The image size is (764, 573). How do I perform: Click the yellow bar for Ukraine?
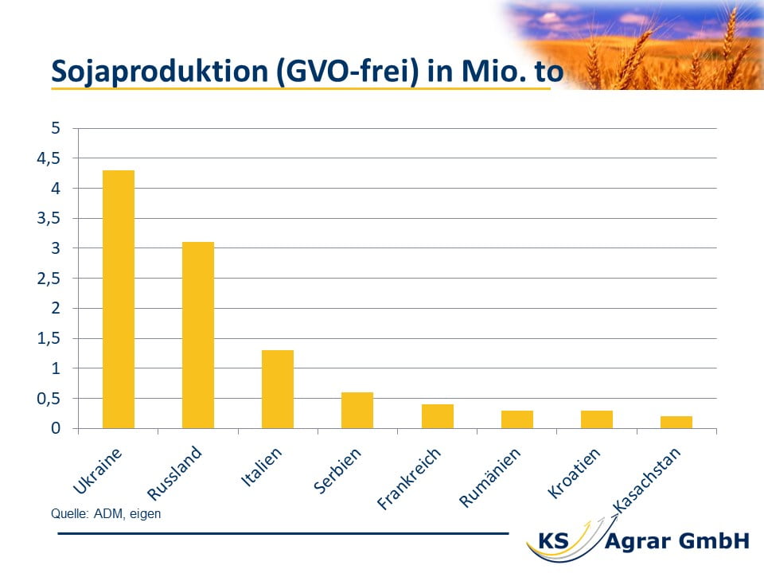tap(119, 299)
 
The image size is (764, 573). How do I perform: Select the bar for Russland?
tap(198, 335)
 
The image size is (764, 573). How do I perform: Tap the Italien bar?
tap(278, 389)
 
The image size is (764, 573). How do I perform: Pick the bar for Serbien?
tap(357, 411)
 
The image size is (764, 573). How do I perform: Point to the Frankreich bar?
tap(438, 416)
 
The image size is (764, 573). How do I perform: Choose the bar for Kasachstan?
tap(676, 423)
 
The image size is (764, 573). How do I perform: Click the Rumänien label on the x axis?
tap(490, 478)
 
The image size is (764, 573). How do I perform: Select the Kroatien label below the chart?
tap(574, 474)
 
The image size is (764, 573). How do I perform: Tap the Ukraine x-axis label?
tap(97, 471)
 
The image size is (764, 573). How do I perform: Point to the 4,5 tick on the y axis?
tap(49, 158)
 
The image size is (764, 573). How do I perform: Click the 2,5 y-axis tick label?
tap(49, 279)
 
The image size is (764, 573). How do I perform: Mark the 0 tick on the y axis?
tap(56, 428)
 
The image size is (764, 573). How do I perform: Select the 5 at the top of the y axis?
tap(56, 128)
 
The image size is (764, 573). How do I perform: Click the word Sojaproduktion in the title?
tap(160, 72)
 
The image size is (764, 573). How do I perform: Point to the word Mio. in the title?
tap(494, 71)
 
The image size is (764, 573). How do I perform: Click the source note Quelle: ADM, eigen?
tap(106, 514)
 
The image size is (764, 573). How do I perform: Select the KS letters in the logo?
tap(554, 541)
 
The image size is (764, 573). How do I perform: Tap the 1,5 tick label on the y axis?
tap(49, 338)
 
